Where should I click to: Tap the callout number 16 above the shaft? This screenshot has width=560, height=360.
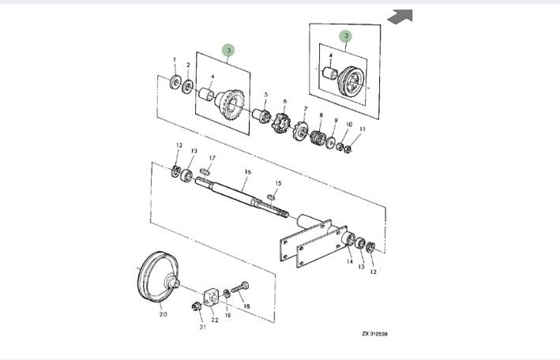[x=247, y=171]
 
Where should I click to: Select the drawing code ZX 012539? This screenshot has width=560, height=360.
[x=374, y=333]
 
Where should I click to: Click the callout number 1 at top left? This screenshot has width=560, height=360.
[x=175, y=59]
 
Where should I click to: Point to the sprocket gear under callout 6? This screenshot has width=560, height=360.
[x=283, y=125]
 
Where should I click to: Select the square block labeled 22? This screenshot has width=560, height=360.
[x=211, y=298]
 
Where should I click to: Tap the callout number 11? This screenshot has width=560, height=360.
[x=363, y=129]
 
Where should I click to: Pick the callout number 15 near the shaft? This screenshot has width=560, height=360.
[x=278, y=183]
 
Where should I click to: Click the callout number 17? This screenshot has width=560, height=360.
[x=212, y=158]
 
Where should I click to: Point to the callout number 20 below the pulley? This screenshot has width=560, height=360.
[x=163, y=314]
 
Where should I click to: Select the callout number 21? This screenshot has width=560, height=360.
[x=202, y=326]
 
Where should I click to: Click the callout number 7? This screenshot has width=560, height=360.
[x=306, y=109]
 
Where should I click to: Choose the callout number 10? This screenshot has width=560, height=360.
[x=349, y=125]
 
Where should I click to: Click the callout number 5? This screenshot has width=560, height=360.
[x=266, y=95]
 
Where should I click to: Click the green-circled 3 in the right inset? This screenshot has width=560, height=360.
[x=346, y=36]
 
